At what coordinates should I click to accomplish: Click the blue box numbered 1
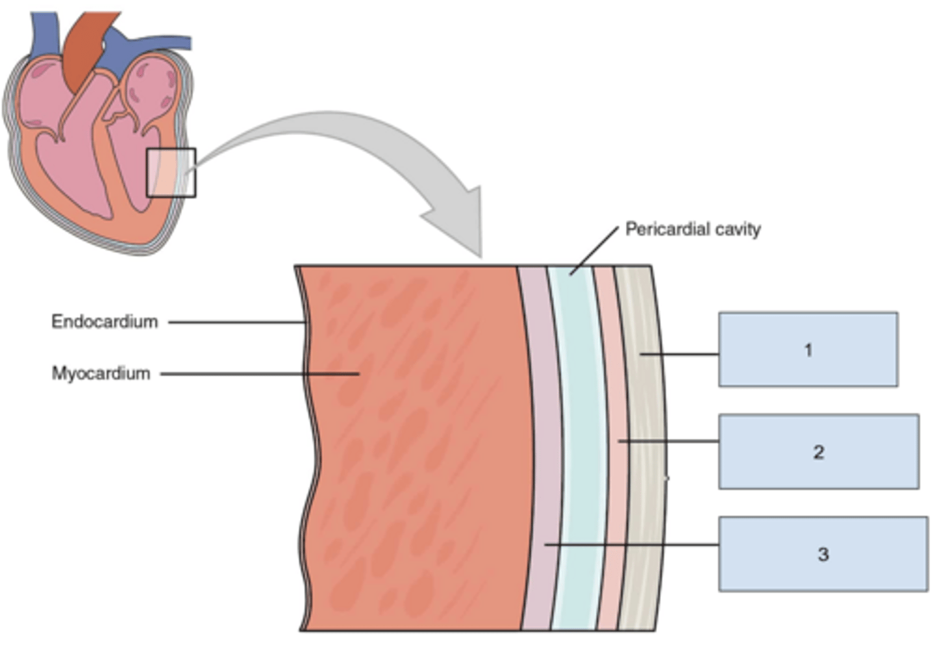pyautogui.click(x=808, y=349)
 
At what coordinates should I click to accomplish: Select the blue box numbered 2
pyautogui.click(x=818, y=451)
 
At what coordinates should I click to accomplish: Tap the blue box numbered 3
pyautogui.click(x=823, y=554)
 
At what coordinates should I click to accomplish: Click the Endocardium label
pyautogui.click(x=105, y=322)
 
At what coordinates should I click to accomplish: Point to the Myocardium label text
pyautogui.click(x=101, y=373)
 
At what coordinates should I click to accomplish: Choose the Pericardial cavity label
pyautogui.click(x=692, y=229)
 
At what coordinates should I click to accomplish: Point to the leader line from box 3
pyautogui.click(x=630, y=544)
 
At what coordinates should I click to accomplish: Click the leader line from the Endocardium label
pyautogui.click(x=237, y=322)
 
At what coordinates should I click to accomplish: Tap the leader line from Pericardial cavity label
pyautogui.click(x=594, y=251)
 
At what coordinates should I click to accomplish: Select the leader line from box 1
pyautogui.click(x=679, y=354)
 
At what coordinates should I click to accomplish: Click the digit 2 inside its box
pyautogui.click(x=818, y=451)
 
